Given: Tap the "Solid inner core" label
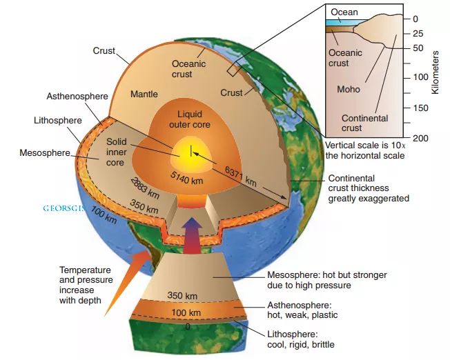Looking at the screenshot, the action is coord(115,152).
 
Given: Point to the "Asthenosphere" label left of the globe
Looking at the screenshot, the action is coord(77,97).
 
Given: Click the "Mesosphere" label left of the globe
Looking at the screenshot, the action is coord(46,152).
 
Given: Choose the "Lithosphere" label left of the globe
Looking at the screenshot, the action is coord(58,120).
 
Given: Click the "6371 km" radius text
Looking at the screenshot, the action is coord(241,175).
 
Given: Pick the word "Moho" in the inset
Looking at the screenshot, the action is coord(348,89).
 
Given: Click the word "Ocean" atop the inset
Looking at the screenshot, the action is coord(344,12).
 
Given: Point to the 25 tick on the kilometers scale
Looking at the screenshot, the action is coord(418,33).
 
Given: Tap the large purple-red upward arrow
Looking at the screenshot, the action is coord(192,228).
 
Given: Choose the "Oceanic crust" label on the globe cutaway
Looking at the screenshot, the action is coord(188,69).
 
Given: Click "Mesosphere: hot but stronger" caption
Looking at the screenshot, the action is coord(326,274).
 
